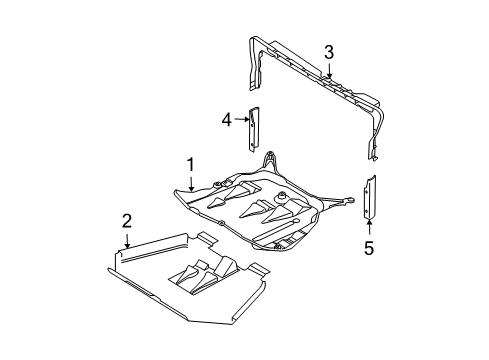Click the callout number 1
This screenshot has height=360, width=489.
190,165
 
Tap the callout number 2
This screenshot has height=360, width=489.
127,221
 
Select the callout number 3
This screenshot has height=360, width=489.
329,53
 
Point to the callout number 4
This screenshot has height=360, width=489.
227,120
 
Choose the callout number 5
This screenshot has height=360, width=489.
369,248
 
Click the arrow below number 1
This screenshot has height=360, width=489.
191,184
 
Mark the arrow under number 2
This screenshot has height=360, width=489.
127,241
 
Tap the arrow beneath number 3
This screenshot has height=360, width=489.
329,71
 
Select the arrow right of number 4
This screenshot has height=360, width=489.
242,119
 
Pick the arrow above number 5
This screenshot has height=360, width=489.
369,227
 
